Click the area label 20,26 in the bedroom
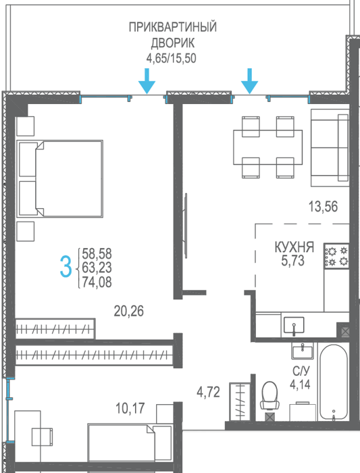click(129, 311)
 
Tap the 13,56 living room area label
click(323, 207)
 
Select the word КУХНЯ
click(294, 247)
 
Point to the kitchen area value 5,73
click(292, 261)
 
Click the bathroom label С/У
click(301, 371)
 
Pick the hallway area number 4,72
click(208, 392)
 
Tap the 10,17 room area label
click(130, 408)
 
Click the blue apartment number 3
click(66, 266)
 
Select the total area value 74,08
click(97, 282)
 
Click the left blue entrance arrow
click(147, 81)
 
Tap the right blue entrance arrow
click(249, 81)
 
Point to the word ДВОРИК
click(173, 43)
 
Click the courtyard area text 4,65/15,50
click(172, 58)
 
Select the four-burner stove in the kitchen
click(336, 256)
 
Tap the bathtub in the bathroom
click(333, 382)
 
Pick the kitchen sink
click(294, 325)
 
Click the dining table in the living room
click(267, 147)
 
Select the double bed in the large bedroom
click(59, 178)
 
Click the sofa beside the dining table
click(330, 147)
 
